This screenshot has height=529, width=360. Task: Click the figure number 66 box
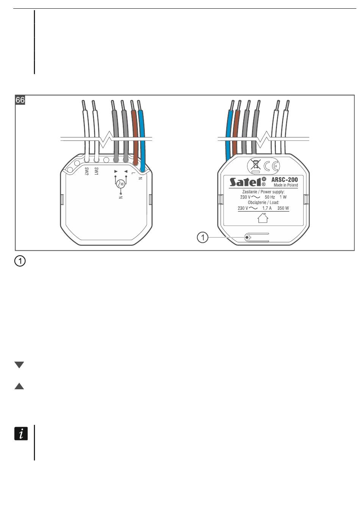(20, 100)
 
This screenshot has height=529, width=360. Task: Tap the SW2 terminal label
(87, 171)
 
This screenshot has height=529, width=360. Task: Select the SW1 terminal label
(97, 171)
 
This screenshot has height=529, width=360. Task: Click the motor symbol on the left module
(121, 184)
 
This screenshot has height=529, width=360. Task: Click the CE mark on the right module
(272, 166)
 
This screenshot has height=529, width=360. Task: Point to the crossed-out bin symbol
(256, 166)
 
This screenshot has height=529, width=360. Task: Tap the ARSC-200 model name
(285, 179)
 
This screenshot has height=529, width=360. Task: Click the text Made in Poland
(286, 185)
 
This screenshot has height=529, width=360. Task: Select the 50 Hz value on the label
(270, 197)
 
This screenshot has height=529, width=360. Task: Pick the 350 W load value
(283, 208)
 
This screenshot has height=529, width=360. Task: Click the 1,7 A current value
(267, 208)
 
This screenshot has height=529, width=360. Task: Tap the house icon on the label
(263, 218)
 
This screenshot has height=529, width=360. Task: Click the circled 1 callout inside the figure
(203, 238)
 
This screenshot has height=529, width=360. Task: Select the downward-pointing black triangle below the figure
(19, 365)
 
